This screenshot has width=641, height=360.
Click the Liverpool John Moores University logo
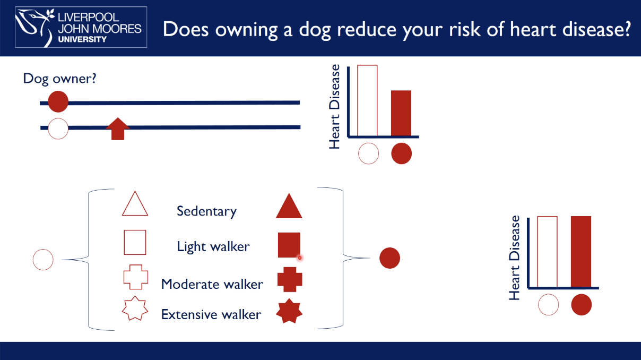point(81,27)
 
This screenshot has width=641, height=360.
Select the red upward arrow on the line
point(118,129)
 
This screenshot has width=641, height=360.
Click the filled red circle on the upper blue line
point(58,102)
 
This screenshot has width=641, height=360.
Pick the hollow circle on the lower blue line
point(58,128)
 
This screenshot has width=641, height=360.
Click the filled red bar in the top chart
point(401,113)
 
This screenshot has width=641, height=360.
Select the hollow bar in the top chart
point(367,100)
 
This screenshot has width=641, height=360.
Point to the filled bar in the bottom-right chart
point(581,252)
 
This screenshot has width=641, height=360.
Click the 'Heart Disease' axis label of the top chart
point(334,107)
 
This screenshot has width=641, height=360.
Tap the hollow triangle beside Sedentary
point(135,205)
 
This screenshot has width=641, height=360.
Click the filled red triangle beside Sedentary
point(289,207)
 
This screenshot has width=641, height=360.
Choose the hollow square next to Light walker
point(135,242)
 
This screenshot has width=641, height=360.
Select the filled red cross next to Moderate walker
point(289,279)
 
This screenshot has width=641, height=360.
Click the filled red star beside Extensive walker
point(289,311)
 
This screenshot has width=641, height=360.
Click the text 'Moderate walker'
point(212,284)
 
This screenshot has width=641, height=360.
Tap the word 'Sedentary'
point(206,211)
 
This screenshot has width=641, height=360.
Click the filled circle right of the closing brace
point(389,259)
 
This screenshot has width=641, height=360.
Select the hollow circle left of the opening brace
point(44,260)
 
